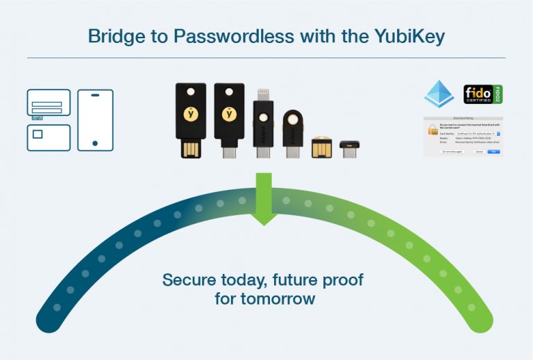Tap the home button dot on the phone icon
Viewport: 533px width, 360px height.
pyautogui.click(x=95, y=143)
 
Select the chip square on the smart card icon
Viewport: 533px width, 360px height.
pyautogui.click(x=38, y=134)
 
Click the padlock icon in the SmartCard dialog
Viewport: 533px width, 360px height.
pyautogui.click(x=432, y=129)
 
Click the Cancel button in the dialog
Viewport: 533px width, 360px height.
pyautogui.click(x=479, y=151)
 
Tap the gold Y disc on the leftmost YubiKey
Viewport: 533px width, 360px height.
pyautogui.click(x=189, y=112)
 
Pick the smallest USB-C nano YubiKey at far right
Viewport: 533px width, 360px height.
pyautogui.click(x=349, y=148)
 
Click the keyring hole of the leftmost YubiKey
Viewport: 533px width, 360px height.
pyautogui.click(x=189, y=92)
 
